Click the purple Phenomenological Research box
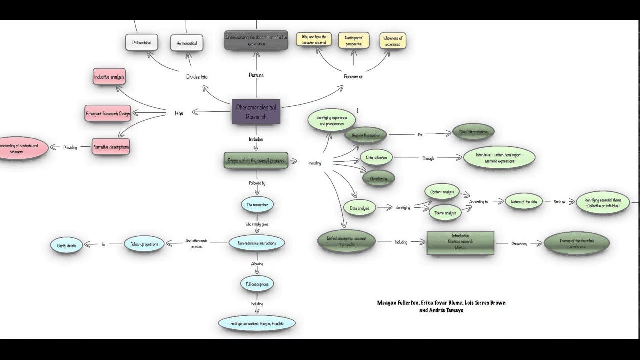(256, 112)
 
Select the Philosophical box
(141, 42)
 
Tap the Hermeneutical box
(187, 43)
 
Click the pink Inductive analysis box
(109, 77)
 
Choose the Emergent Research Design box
(108, 114)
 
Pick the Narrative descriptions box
(111, 147)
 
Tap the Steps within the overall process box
(256, 160)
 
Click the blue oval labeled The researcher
(257, 205)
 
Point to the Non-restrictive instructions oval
(257, 243)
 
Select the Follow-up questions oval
(144, 244)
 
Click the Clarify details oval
(66, 245)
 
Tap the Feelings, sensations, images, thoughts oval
(257, 323)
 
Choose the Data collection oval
(376, 158)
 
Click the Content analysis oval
(442, 192)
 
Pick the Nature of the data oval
(523, 201)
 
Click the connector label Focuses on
(353, 76)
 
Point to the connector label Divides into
(197, 77)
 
